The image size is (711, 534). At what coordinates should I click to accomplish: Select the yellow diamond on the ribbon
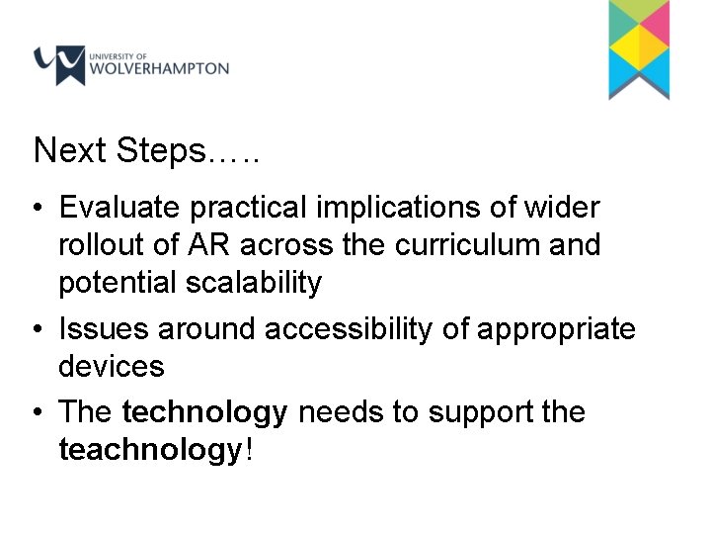coord(639,44)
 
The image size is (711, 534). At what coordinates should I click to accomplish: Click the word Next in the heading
coord(70,150)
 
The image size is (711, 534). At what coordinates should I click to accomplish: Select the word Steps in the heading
coord(162,151)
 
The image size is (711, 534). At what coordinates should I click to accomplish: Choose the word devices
coord(112,367)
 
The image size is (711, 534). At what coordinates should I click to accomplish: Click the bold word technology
coord(205,412)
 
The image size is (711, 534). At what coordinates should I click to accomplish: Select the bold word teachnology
coord(150,450)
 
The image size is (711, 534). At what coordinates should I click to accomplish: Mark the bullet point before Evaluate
coord(37,210)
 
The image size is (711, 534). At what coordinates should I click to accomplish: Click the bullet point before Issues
coord(37,329)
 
